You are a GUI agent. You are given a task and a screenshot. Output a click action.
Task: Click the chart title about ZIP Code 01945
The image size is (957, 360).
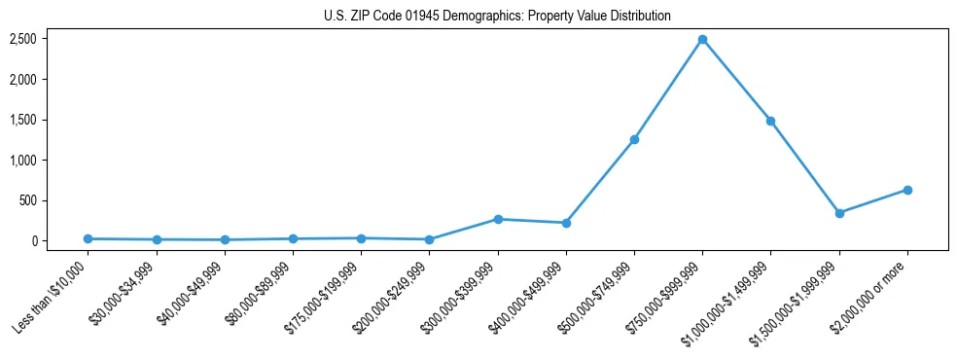pyautogui.click(x=497, y=16)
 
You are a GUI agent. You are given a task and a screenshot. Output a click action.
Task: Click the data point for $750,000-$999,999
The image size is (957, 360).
pyautogui.click(x=702, y=40)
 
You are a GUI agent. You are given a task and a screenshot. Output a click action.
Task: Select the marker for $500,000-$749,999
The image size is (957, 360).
pyautogui.click(x=634, y=139)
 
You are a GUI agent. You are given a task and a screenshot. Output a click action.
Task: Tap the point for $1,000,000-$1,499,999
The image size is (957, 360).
pyautogui.click(x=770, y=121)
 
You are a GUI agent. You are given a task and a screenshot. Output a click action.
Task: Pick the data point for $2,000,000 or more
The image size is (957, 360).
pyautogui.click(x=906, y=190)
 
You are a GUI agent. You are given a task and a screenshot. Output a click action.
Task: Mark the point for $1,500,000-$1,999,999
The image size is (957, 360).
pyautogui.click(x=838, y=213)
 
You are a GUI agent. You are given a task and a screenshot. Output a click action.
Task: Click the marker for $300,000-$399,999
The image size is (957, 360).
pyautogui.click(x=498, y=219)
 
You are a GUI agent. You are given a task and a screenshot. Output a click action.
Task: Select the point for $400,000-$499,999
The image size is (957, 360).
pyautogui.click(x=566, y=223)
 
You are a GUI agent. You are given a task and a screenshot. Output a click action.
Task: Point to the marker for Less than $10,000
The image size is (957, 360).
pyautogui.click(x=89, y=238)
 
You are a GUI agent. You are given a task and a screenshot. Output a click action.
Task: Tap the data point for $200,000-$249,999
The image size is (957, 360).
pyautogui.click(x=429, y=239)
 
